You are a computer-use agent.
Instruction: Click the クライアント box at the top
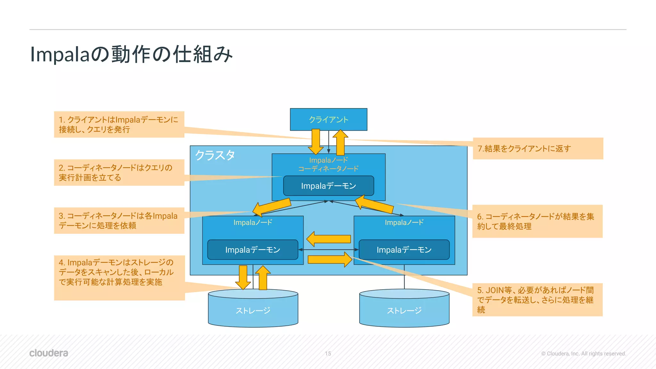click(x=328, y=119)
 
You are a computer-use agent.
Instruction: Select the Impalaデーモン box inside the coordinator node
click(x=328, y=186)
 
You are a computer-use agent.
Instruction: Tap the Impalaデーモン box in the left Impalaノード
click(x=252, y=250)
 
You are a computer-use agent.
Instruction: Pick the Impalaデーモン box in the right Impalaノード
click(x=404, y=250)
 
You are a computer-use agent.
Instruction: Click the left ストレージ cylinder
click(x=253, y=310)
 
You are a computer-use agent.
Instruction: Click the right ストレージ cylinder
click(x=404, y=310)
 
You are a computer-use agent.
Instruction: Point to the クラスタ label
click(x=215, y=155)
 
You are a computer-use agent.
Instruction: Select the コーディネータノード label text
click(x=328, y=168)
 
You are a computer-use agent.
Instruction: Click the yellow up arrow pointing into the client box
click(x=340, y=142)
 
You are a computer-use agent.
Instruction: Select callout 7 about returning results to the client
click(x=538, y=149)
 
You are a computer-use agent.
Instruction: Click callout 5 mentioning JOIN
click(x=537, y=300)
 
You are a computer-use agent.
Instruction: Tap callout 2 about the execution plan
click(x=119, y=173)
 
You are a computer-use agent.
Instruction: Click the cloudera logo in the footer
click(x=49, y=353)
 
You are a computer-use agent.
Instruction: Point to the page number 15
click(x=328, y=354)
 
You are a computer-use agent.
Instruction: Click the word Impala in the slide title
click(x=59, y=54)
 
